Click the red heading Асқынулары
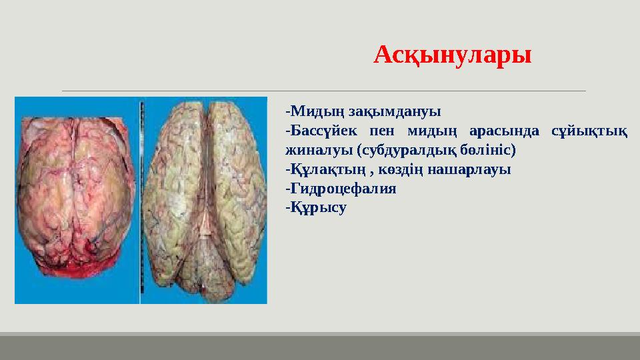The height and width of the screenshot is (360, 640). (453, 55)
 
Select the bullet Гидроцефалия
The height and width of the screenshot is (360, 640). (341, 189)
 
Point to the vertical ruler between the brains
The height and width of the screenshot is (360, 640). (141, 200)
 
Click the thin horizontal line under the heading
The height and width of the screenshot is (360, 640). (323, 90)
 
